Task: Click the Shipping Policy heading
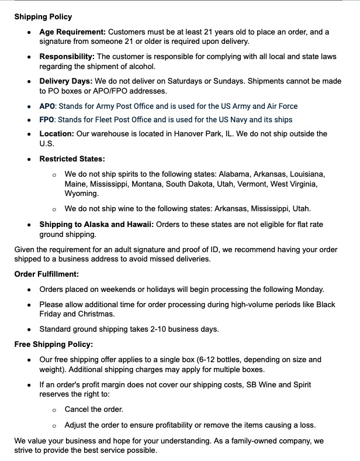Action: pyautogui.click(x=43, y=17)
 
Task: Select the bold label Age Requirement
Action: pyautogui.click(x=72, y=32)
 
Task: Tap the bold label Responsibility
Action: pyautogui.click(x=67, y=57)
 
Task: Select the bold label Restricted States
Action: pyautogui.click(x=72, y=159)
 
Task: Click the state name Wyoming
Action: pyautogui.click(x=81, y=193)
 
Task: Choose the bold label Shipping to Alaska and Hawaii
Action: pyautogui.click(x=96, y=225)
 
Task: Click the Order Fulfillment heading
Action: pyautogui.click(x=47, y=274)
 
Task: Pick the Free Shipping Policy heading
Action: pyautogui.click(x=54, y=344)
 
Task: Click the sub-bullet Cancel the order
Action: pyautogui.click(x=94, y=410)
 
